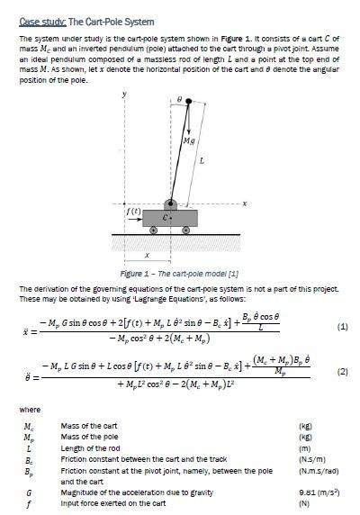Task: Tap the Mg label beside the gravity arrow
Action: (x=188, y=141)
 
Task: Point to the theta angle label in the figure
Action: (x=179, y=98)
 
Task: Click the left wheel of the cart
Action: (x=153, y=230)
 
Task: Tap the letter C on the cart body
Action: (x=165, y=217)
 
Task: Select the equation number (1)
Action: (x=342, y=328)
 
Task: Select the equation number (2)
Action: (x=342, y=371)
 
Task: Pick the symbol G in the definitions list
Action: (x=29, y=492)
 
